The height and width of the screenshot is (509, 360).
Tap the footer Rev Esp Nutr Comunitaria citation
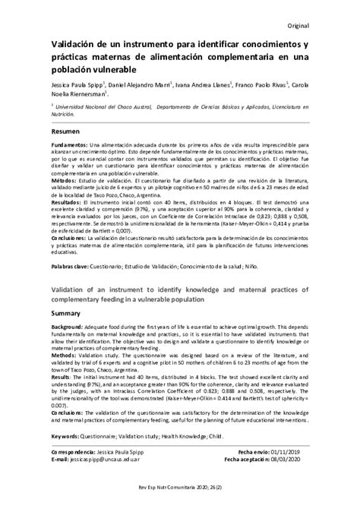tap(180, 497)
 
